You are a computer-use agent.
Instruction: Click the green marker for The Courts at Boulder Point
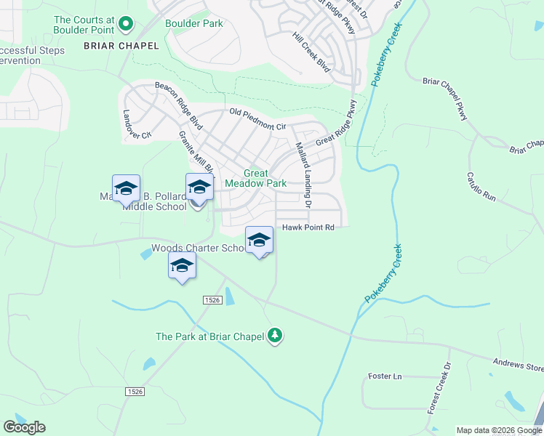coord(125,25)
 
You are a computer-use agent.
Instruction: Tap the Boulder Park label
coord(194,23)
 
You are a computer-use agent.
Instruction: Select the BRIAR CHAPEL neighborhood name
coord(121,46)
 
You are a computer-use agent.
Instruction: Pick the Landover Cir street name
coord(136,124)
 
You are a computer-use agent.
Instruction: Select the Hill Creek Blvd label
coord(311,52)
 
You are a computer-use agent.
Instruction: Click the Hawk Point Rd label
coord(308,227)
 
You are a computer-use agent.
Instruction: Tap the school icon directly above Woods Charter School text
coord(259,240)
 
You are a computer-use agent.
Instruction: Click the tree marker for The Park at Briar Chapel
coord(275,335)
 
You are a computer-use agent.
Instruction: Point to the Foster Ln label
coord(385,376)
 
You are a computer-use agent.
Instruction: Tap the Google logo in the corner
coord(24,427)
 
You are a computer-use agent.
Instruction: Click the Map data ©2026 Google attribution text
coord(500,430)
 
